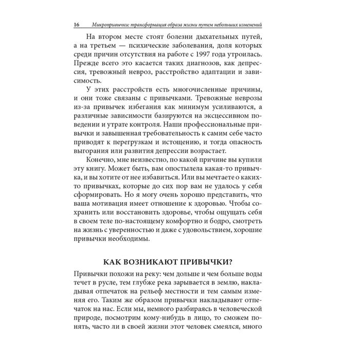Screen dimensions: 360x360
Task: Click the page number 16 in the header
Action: tap(77, 25)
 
